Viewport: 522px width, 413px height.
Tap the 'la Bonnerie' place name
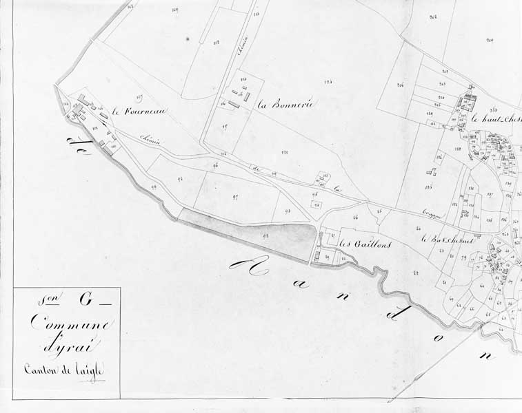(285, 105)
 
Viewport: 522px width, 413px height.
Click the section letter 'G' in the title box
(85, 299)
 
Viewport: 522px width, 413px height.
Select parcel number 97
(235, 197)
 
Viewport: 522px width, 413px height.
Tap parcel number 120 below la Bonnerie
(284, 151)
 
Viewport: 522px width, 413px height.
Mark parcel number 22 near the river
(416, 273)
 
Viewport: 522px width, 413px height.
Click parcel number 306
(400, 85)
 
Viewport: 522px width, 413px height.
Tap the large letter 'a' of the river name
(259, 269)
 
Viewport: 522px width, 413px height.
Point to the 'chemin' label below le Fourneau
(151, 140)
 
